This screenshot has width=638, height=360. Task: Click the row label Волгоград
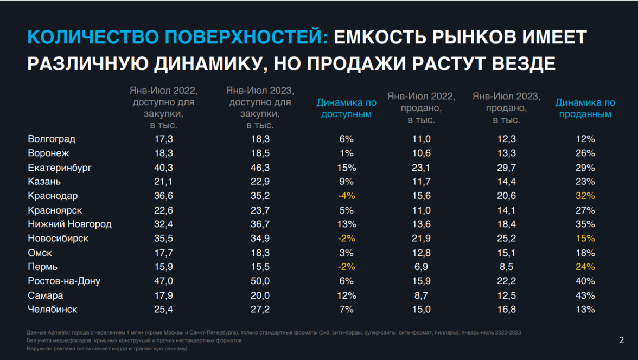(52, 139)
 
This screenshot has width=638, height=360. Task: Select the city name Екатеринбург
(60, 168)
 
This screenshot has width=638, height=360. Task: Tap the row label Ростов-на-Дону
(64, 281)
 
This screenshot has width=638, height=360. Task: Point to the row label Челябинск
(53, 310)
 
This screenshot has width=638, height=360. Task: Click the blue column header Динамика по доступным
(346, 108)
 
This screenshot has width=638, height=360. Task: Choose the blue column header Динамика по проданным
(585, 108)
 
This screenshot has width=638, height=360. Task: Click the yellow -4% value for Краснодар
(346, 196)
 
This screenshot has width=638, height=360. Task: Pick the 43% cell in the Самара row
(585, 295)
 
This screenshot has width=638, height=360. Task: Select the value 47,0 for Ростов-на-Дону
(164, 281)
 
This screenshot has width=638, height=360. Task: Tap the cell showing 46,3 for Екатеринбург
(260, 168)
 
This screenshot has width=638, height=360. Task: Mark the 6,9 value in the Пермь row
(422, 267)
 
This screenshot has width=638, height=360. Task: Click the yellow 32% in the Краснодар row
(585, 196)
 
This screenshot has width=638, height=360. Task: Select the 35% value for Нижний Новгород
(585, 224)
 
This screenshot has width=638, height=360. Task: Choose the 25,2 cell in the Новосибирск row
(507, 238)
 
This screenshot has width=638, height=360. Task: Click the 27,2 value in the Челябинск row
(260, 310)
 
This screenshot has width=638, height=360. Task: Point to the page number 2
(621, 340)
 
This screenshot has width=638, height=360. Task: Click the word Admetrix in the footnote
(56, 332)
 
